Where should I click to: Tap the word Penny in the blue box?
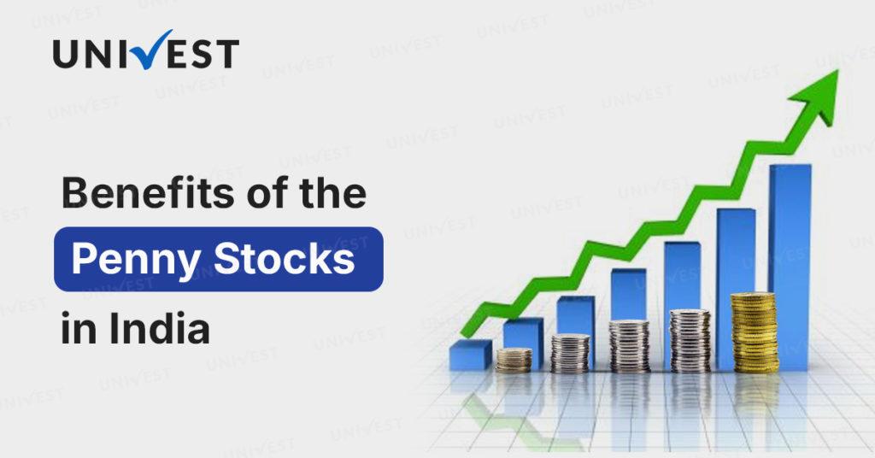(136, 261)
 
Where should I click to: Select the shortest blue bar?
(471, 355)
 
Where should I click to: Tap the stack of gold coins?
(755, 332)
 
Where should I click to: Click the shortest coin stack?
(514, 361)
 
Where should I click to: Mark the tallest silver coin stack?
(690, 341)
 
